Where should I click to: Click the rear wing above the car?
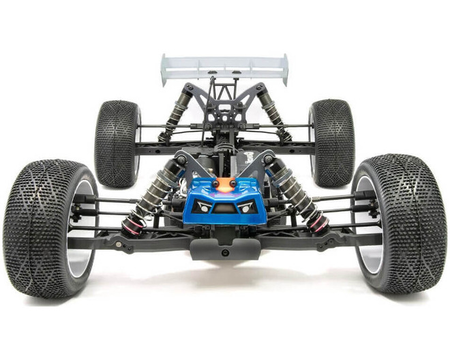225,66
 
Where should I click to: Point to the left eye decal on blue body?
202,206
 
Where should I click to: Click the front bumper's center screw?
225,252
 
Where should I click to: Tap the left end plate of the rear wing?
164,70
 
